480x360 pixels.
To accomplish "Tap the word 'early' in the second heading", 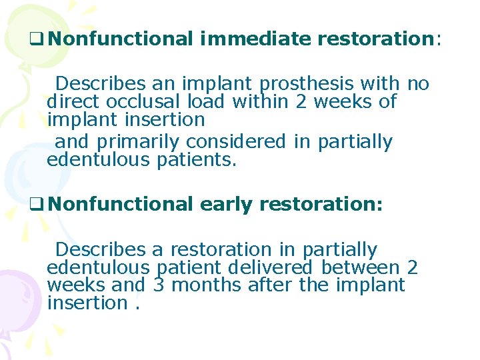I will [x=229, y=204].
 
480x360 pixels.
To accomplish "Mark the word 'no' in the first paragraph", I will [x=417, y=84].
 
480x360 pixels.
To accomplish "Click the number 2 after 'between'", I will [x=412, y=267].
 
